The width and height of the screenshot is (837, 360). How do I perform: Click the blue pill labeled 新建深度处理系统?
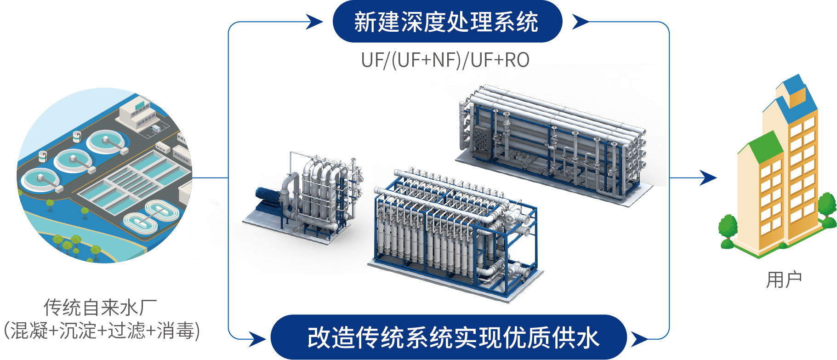pyautogui.click(x=447, y=22)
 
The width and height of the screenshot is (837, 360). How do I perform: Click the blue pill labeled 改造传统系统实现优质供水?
pyautogui.click(x=449, y=337)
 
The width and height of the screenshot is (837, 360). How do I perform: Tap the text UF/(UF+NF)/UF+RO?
pyautogui.click(x=445, y=60)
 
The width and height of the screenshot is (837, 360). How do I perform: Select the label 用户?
pyautogui.click(x=784, y=280)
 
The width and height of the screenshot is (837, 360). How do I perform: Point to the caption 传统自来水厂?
pyautogui.click(x=100, y=308)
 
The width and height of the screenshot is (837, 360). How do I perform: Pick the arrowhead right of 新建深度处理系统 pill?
pyautogui.click(x=580, y=22)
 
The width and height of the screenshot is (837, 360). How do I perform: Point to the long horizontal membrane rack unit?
pyautogui.click(x=554, y=143)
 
